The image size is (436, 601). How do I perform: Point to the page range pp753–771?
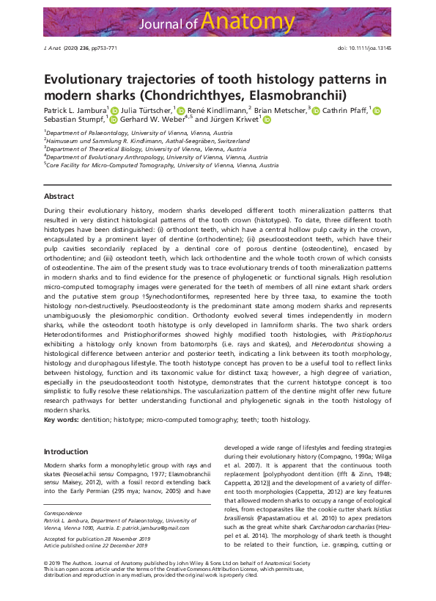(x=102, y=47)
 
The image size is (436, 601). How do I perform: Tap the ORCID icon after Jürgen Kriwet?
(x=267, y=119)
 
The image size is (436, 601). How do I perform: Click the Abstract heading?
(x=59, y=197)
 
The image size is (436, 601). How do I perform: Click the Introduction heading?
(x=66, y=451)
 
